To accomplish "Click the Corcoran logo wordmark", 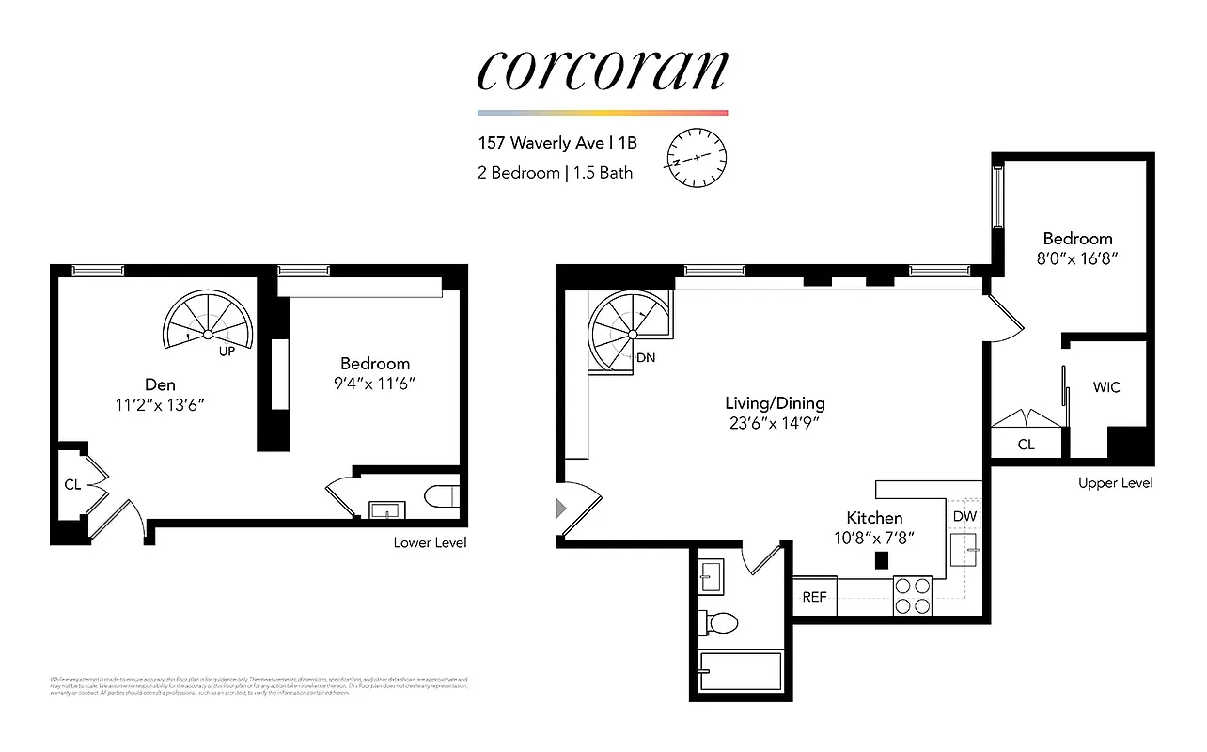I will pos(603,70).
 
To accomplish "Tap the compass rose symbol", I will pos(697,157).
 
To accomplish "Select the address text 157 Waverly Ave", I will pos(541,144).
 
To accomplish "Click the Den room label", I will pos(160,384).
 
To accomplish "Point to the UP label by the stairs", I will pos(227,352).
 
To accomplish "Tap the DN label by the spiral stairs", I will pos(646,358).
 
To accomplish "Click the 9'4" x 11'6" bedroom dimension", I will pos(375,384).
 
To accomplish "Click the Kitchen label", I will pos(874,518).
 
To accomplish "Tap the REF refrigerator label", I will pos(814,597).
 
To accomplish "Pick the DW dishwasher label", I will pos(964,516).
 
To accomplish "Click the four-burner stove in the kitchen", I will pos(912,594).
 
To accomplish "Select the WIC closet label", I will pos(1106,387).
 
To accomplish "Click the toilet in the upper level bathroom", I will pos(719,621).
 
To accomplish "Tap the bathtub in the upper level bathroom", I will pos(741,671).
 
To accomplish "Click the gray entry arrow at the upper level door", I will pos(561,509).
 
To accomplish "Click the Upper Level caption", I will pos(1115,483).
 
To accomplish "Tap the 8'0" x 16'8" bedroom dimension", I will pos(1076,258).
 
